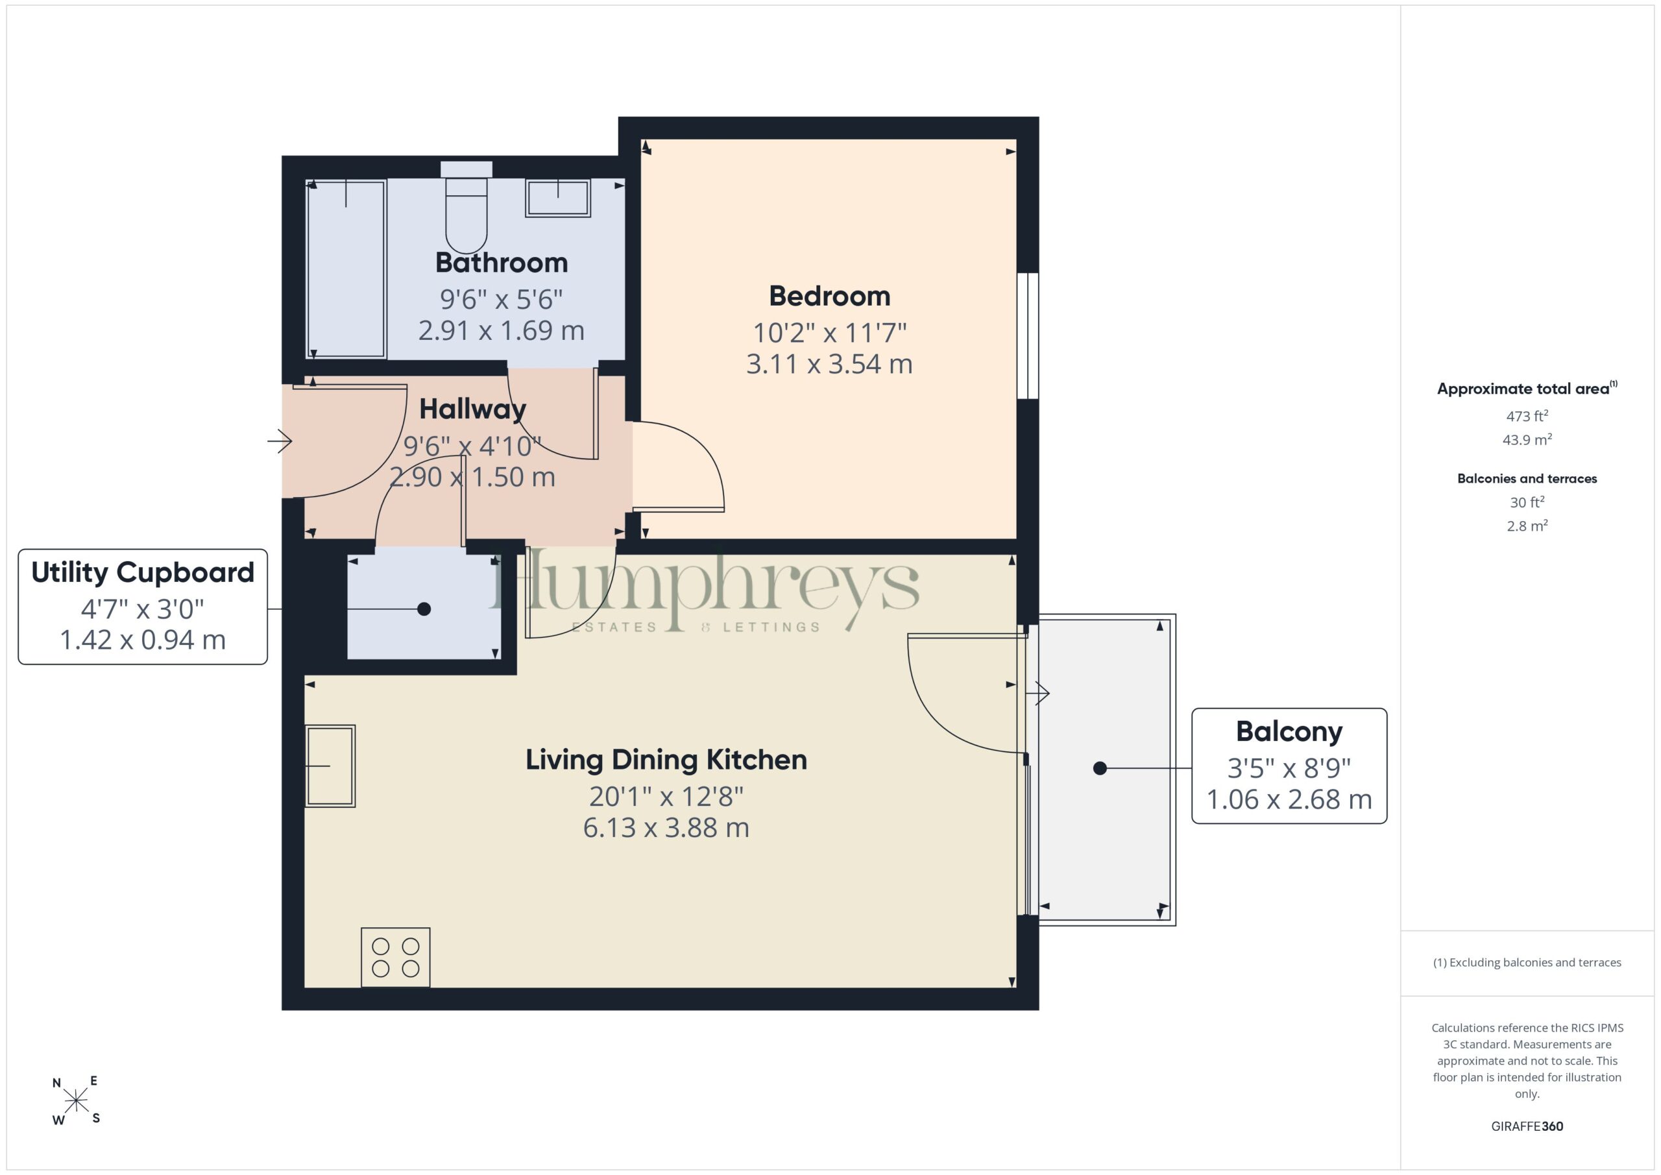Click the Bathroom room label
point(502,263)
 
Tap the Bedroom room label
point(829,296)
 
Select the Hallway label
point(472,409)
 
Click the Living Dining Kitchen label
point(666,760)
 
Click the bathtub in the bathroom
point(346,269)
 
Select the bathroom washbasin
point(558,197)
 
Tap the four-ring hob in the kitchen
point(396,957)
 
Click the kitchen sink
point(330,766)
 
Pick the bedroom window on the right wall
point(1027,335)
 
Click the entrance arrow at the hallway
point(279,441)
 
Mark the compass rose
point(76,1100)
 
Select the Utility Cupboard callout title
point(143,572)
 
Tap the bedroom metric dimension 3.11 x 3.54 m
point(829,364)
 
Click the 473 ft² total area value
point(1527,416)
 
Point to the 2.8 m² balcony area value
point(1527,526)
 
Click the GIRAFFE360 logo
point(1527,1126)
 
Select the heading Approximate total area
point(1527,389)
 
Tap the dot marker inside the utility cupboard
point(424,609)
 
